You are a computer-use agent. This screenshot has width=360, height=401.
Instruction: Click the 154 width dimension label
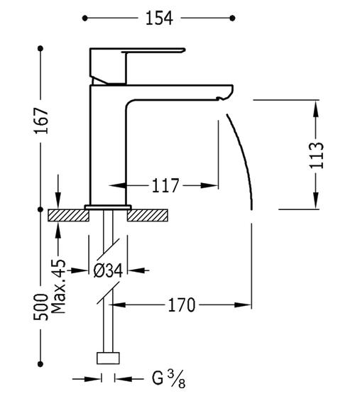159,18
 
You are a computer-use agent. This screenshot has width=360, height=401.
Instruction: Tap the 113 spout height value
317,155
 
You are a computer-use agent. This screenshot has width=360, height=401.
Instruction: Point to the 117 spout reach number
165,185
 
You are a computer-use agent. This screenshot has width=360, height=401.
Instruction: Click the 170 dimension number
181,305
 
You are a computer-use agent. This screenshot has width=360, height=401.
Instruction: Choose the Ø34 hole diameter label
108,270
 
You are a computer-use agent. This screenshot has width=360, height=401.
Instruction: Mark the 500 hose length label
41,307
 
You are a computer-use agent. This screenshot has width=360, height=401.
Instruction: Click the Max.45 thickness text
58,287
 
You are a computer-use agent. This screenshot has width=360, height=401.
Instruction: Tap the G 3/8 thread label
168,379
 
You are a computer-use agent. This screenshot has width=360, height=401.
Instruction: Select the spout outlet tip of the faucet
225,92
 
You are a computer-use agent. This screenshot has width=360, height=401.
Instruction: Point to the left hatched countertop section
69,215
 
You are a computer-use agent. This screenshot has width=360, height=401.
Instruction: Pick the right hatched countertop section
148,215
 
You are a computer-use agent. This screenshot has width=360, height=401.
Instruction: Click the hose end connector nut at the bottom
108,358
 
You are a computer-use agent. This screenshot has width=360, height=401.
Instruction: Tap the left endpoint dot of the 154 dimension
85,18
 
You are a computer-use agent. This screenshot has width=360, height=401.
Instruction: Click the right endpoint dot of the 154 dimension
232,18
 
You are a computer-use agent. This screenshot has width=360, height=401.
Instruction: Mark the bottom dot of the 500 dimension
40,363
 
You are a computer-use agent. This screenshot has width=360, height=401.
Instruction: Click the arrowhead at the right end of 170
243,305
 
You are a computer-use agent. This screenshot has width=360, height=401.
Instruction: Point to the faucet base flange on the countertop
108,207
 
